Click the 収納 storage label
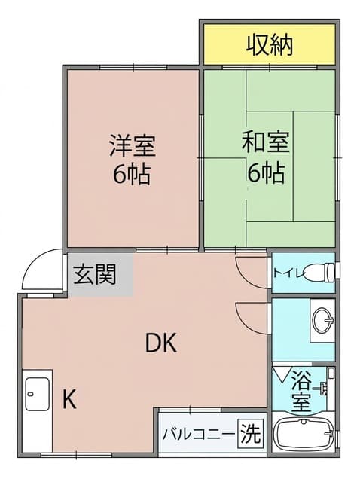pos(270,45)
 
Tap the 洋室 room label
pos(133,145)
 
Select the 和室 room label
pos(266,142)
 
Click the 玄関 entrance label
pos(95,274)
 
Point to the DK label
pos(160,343)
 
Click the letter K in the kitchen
pos(69,398)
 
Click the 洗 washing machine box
pos(251,434)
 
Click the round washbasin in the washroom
pos(322,320)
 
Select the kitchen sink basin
pos(38,394)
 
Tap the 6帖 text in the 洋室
pos(132,175)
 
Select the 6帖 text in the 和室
pos(266,173)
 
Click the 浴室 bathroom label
pos(301,391)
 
